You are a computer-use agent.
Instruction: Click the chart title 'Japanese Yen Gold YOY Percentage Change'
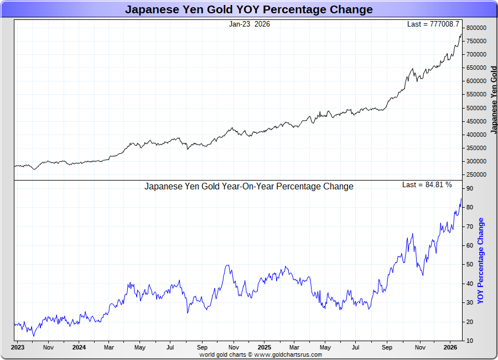248,9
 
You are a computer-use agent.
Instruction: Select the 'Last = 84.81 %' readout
427,184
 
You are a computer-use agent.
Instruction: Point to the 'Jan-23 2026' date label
250,24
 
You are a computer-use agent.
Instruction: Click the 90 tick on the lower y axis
469,189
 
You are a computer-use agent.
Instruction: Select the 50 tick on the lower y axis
469,265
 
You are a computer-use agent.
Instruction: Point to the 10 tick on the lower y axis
469,341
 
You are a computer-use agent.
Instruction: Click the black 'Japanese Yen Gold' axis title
494,100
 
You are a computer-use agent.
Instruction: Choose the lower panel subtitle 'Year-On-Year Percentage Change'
248,187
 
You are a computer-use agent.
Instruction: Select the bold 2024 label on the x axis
79,347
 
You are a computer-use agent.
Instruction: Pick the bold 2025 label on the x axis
264,347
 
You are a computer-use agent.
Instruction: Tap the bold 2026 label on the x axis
450,347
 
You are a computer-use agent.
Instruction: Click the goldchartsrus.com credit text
261,354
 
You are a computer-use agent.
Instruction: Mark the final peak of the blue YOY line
461,199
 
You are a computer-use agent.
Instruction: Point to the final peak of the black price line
461,34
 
